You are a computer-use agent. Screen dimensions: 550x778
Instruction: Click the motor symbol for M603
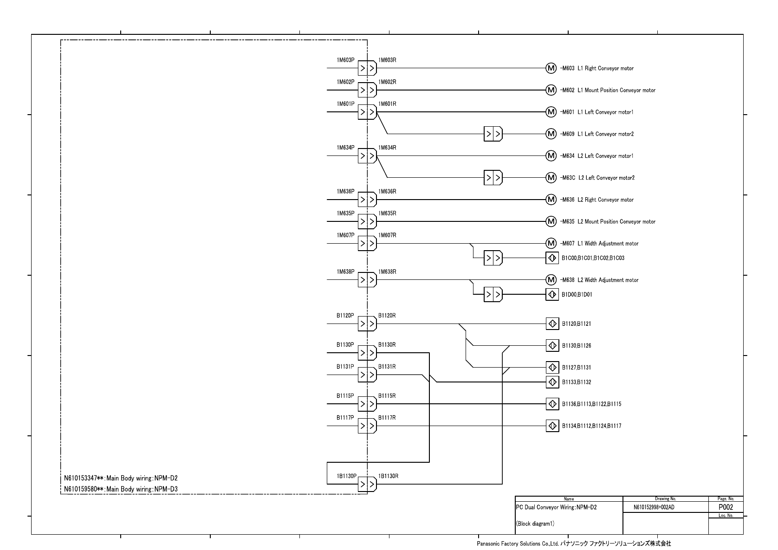coord(551,68)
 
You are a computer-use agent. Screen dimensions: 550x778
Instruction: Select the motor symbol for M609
coord(551,134)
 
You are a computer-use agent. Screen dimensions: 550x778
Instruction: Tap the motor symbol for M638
coord(551,280)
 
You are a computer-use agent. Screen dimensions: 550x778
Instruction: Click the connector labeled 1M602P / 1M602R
coord(367,90)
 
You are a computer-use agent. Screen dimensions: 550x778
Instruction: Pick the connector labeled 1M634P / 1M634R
coord(367,155)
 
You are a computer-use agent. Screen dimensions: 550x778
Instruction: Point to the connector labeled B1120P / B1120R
coord(367,324)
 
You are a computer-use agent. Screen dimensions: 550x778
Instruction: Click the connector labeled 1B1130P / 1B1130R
coord(367,484)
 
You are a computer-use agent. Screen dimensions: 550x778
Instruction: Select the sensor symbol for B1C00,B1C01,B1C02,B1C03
coord(552,258)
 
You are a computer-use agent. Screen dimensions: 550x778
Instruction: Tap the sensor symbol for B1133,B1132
coord(552,382)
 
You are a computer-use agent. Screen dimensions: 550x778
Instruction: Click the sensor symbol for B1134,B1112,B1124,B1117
coord(552,426)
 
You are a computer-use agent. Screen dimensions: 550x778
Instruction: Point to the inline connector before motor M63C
coord(493,178)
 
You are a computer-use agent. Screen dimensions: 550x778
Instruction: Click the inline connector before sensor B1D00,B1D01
coord(493,295)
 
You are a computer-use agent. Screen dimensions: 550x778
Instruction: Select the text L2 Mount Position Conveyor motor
coord(616,222)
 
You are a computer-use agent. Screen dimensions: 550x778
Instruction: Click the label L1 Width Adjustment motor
coord(608,244)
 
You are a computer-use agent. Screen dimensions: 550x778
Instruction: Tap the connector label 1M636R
coord(387,192)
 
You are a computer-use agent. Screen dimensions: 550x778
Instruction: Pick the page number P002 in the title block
coord(726,507)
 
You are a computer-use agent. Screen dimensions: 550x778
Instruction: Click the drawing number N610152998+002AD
coord(654,507)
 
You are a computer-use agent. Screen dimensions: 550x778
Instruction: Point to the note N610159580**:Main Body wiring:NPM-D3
coord(121,489)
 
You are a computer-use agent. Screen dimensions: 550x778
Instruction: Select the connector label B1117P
coord(345,418)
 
